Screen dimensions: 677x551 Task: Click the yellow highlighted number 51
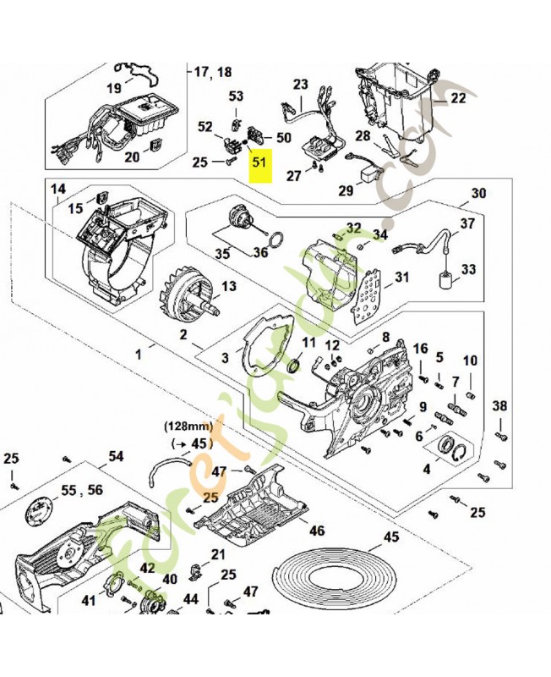coord(259,163)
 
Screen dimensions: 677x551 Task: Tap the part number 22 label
coord(457,98)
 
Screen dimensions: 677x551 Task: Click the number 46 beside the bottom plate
coord(316,531)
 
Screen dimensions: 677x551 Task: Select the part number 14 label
coord(57,189)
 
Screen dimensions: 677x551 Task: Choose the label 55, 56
coord(80,490)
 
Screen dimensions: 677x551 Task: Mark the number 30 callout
coord(478,194)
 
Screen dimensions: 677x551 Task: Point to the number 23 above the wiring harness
coord(302,84)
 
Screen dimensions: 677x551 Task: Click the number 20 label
coord(133,157)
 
